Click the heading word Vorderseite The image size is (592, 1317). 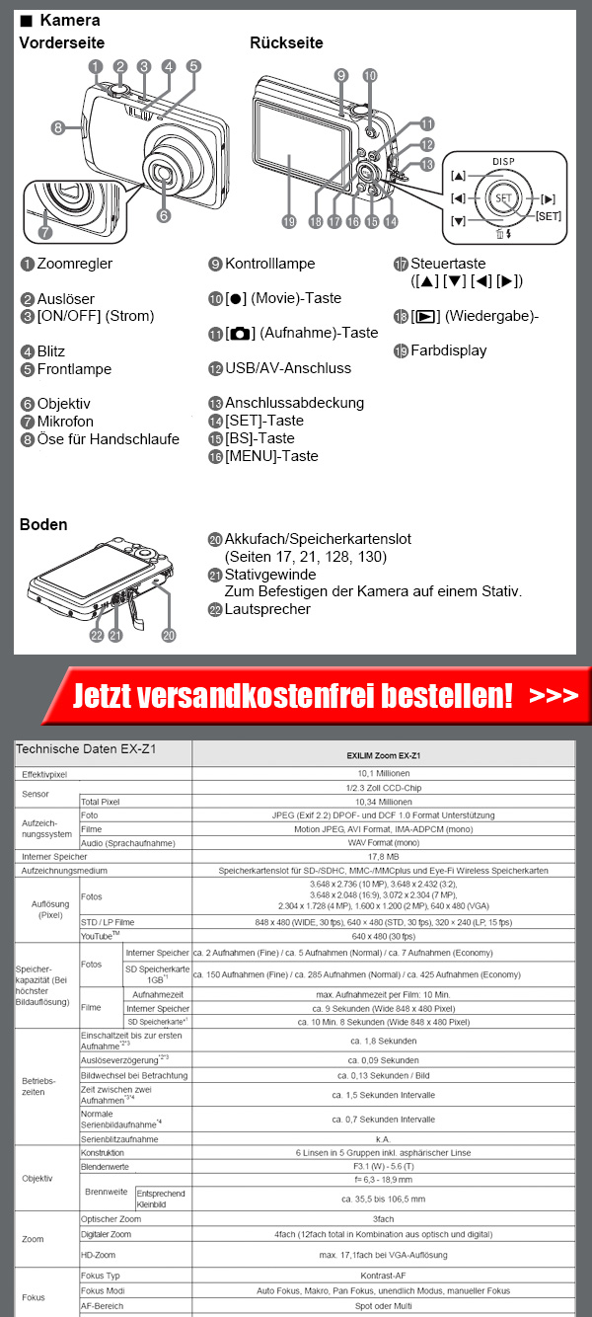pyautogui.click(x=61, y=42)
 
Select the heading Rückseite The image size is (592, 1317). pyautogui.click(x=285, y=42)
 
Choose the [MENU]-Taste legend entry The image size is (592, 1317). pyautogui.click(x=271, y=456)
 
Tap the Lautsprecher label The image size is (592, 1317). pyautogui.click(x=267, y=609)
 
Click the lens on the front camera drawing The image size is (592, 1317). pyautogui.click(x=166, y=173)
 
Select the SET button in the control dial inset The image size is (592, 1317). pyautogui.click(x=503, y=197)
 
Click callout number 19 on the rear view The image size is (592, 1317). pyautogui.click(x=288, y=222)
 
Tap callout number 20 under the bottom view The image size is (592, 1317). pyautogui.click(x=169, y=635)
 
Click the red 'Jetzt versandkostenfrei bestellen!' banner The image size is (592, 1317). pyautogui.click(x=296, y=695)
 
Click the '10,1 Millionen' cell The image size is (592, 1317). pyautogui.click(x=383, y=774)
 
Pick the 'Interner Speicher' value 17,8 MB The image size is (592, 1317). pyautogui.click(x=383, y=857)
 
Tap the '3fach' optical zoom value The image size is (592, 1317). pyautogui.click(x=383, y=1219)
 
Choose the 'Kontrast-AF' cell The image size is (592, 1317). pyautogui.click(x=383, y=1276)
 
